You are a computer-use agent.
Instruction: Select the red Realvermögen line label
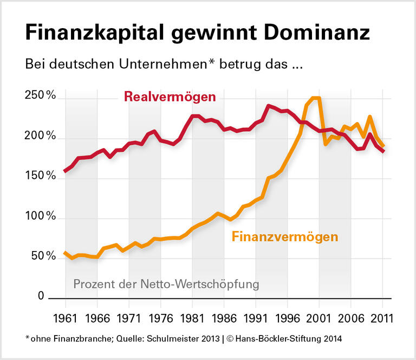tap(170, 98)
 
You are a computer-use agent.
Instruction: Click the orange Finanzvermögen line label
tap(285, 237)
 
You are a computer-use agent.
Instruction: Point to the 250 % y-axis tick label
tap(41, 96)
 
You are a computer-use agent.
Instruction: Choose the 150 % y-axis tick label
tap(41, 177)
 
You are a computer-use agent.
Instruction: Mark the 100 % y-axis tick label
tap(41, 217)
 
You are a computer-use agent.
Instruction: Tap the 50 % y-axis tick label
tap(43, 256)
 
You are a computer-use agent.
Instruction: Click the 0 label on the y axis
tap(41, 297)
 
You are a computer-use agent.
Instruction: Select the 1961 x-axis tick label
tap(66, 317)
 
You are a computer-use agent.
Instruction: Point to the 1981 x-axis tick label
tap(192, 317)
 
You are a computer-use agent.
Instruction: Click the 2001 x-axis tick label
tap(320, 317)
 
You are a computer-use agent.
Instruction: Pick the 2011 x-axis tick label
tap(382, 317)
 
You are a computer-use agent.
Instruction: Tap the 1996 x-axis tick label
tap(288, 317)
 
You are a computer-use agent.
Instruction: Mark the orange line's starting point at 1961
tap(66, 253)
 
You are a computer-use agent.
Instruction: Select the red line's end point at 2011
tap(382, 152)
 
